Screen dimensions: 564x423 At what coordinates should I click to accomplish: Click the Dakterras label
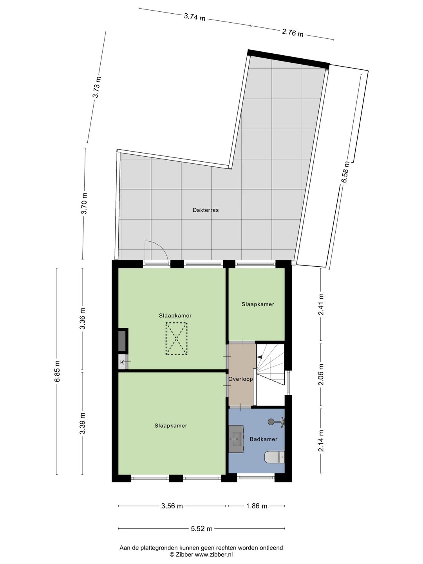point(206,210)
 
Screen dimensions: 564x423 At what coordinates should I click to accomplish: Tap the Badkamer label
point(263,439)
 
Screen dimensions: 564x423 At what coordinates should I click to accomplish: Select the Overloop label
point(240,379)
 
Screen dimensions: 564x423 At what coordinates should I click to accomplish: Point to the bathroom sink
point(236,439)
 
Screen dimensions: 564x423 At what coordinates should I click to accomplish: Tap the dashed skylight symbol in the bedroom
point(177,338)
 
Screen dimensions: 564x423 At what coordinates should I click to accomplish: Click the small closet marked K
point(122,362)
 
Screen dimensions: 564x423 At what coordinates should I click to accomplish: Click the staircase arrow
point(260,357)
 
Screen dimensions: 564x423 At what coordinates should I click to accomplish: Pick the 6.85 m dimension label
point(58,371)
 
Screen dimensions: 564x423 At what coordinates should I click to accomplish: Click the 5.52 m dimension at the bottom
point(202,529)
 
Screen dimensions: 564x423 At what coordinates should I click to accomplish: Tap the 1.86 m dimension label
point(257,506)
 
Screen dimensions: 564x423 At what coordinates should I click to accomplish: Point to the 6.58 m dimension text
point(345,172)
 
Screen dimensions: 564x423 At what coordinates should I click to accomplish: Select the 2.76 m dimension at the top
point(293,33)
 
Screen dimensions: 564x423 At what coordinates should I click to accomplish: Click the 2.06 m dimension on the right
point(321,375)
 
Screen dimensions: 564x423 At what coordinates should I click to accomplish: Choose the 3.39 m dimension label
point(83,423)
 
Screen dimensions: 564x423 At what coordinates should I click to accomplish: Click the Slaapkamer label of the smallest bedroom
point(258,304)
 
